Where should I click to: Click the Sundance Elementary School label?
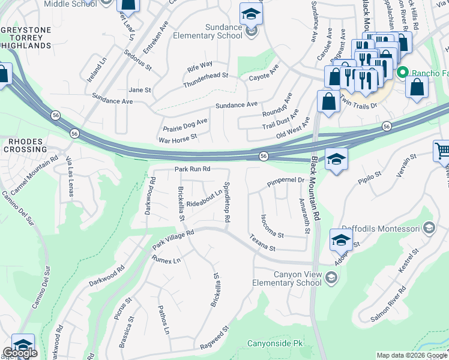pyautogui.click(x=207, y=31)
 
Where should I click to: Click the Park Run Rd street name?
pyautogui.click(x=192, y=170)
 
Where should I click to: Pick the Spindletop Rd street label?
pyautogui.click(x=227, y=203)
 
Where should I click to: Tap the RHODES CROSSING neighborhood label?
pyautogui.click(x=27, y=146)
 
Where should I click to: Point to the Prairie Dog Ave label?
pyautogui.click(x=185, y=125)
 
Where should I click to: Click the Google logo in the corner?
pyautogui.click(x=20, y=353)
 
